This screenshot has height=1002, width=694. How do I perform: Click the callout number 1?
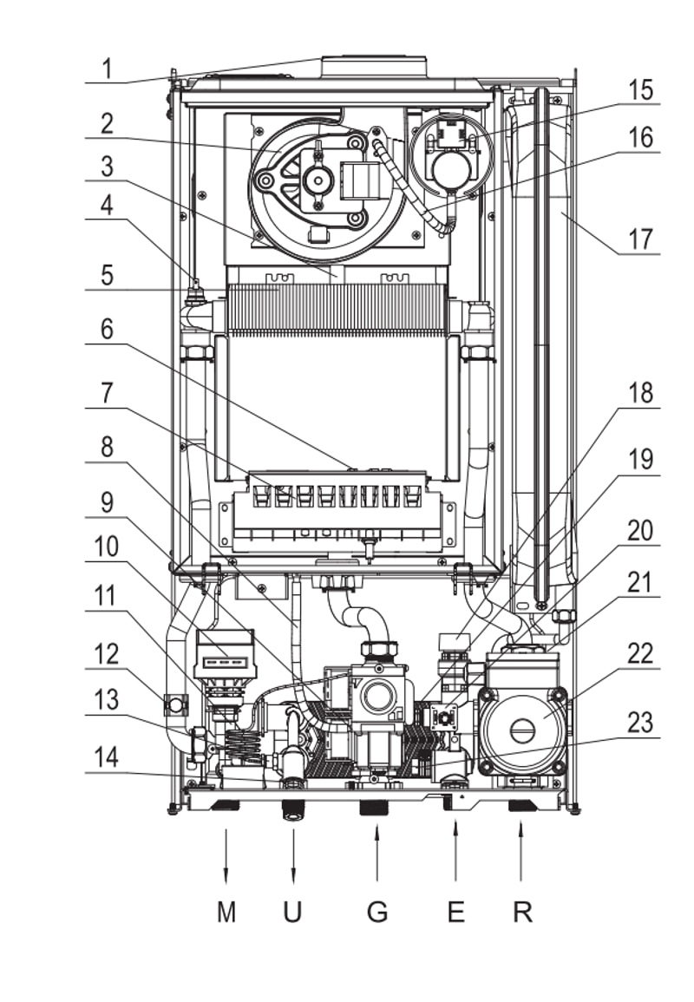(x=108, y=68)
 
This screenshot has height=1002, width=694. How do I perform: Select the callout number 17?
(x=640, y=239)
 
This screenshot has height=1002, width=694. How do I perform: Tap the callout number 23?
(x=640, y=722)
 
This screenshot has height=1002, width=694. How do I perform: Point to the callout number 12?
(x=106, y=654)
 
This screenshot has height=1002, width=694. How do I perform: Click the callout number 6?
(x=107, y=330)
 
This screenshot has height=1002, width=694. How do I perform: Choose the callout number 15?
(x=640, y=90)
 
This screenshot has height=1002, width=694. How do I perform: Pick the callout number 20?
(x=640, y=530)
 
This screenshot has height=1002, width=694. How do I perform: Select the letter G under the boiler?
(x=377, y=911)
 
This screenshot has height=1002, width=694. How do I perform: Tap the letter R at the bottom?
(x=523, y=911)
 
